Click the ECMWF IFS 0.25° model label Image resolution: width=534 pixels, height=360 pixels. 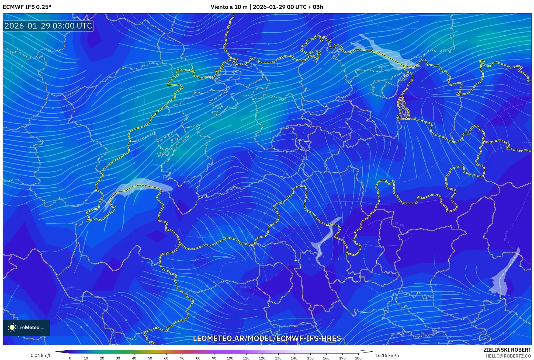click(27, 7)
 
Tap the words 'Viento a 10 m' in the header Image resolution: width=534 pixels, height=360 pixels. click(229, 7)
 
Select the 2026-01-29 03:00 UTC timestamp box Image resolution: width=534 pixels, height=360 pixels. click(48, 26)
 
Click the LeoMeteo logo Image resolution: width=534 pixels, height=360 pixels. click(26, 327)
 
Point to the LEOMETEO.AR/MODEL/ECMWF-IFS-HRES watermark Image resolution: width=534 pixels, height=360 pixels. click(267, 338)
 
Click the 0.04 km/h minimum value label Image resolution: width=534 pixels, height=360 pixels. click(41, 355)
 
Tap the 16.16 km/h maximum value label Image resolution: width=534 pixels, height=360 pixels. click(387, 355)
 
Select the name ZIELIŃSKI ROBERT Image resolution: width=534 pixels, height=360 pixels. click(507, 350)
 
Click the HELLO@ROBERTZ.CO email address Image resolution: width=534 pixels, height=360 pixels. click(508, 356)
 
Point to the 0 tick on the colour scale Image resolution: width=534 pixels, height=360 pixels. click(70, 358)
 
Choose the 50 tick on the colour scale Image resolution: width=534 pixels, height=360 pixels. click(150, 358)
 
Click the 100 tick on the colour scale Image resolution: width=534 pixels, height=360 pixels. click(230, 358)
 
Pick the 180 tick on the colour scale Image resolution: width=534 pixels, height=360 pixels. click(358, 358)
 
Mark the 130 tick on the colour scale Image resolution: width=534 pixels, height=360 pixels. click(278, 358)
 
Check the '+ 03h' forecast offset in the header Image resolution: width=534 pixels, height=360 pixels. click(316, 7)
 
